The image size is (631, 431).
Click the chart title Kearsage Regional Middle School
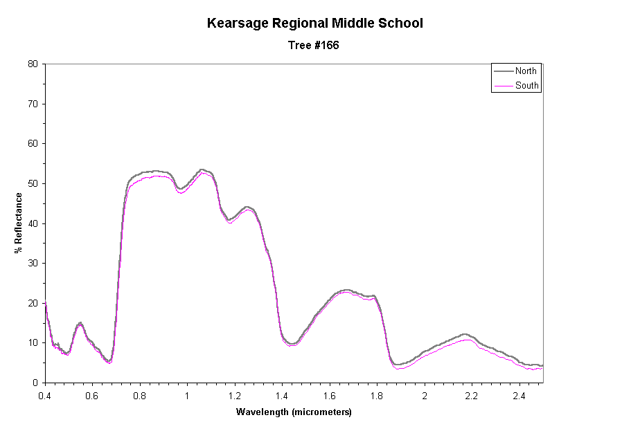(315, 24)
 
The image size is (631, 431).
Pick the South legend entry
(526, 86)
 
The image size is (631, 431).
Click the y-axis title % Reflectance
(19, 223)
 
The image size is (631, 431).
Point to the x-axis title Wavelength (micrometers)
(294, 412)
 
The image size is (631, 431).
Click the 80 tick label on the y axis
(33, 64)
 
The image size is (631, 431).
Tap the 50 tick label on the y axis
(33, 184)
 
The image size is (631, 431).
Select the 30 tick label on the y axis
(33, 264)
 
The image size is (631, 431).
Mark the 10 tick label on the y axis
(33, 343)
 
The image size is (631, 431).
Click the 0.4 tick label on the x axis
(45, 395)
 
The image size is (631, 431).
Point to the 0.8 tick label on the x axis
(140, 395)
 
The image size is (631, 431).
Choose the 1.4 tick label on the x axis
(282, 395)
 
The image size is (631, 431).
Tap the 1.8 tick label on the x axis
(377, 395)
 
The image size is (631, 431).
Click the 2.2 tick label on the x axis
(472, 395)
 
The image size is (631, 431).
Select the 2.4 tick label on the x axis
(519, 395)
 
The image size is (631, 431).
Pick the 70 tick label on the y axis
(33, 104)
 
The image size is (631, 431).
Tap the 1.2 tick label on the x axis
(235, 395)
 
